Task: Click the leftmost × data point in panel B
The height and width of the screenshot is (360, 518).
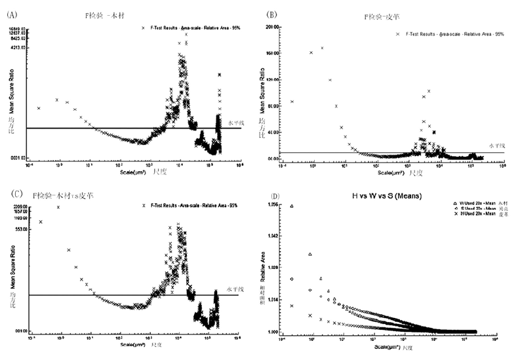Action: coord(292,102)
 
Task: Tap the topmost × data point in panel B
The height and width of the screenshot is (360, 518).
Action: coord(322,48)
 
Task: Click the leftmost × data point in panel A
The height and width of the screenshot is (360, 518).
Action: coord(39,108)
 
